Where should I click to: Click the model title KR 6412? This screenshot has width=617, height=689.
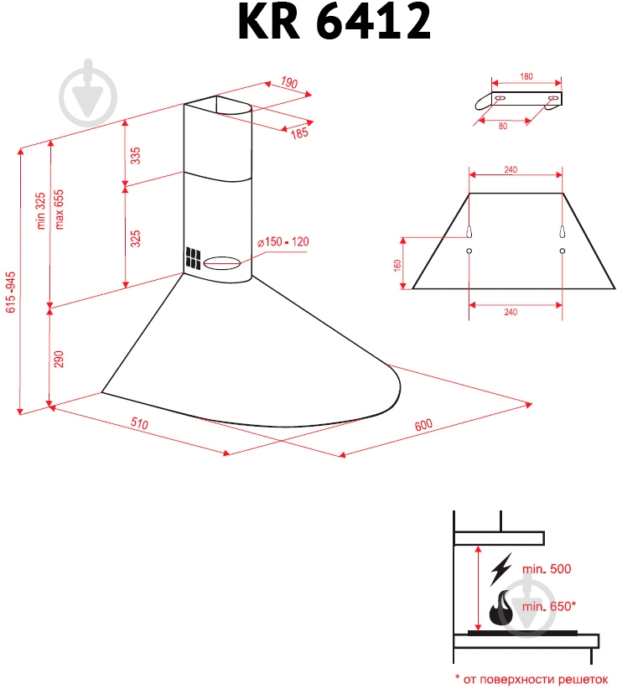click(334, 23)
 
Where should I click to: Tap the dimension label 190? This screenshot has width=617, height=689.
click(289, 83)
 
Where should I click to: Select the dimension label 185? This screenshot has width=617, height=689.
click(299, 132)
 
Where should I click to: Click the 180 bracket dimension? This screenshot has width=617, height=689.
click(526, 77)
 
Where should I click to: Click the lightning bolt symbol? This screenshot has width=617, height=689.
click(501, 569)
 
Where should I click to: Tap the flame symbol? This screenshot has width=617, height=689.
click(504, 608)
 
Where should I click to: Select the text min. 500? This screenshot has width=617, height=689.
click(546, 569)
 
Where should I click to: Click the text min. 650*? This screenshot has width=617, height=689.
click(548, 605)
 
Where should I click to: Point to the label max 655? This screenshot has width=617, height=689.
click(60, 209)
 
